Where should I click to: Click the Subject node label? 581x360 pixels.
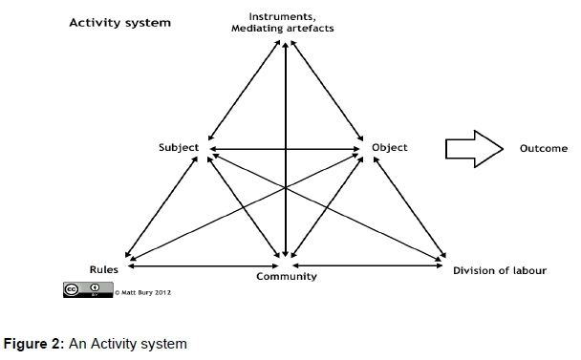[x=179, y=148]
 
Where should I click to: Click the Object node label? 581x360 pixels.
[x=390, y=148]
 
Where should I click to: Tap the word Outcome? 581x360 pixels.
[x=544, y=149]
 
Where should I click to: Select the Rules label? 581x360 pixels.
[x=104, y=269]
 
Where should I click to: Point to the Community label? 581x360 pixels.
[x=287, y=277]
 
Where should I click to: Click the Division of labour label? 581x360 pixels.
[x=500, y=271]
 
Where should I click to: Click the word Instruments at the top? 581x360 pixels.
[x=282, y=17]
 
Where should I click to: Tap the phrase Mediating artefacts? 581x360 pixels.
[x=282, y=29]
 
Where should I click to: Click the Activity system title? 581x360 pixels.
[x=120, y=23]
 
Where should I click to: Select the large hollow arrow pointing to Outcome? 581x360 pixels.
[x=474, y=149]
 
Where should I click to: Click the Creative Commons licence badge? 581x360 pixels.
[x=88, y=289]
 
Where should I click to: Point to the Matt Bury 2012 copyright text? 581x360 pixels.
[x=142, y=292]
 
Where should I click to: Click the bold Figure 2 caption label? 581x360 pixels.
[x=34, y=344]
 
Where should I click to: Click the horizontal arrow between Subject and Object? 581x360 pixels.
[x=285, y=149]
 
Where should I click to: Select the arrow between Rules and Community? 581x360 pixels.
[x=203, y=265]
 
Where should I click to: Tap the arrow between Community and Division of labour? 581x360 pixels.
[x=367, y=265]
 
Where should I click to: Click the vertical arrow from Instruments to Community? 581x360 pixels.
[x=286, y=150]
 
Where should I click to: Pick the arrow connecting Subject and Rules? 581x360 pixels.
[x=161, y=206]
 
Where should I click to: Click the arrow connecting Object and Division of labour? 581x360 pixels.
[x=409, y=207]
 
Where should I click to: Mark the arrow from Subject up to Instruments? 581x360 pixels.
[x=245, y=91]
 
